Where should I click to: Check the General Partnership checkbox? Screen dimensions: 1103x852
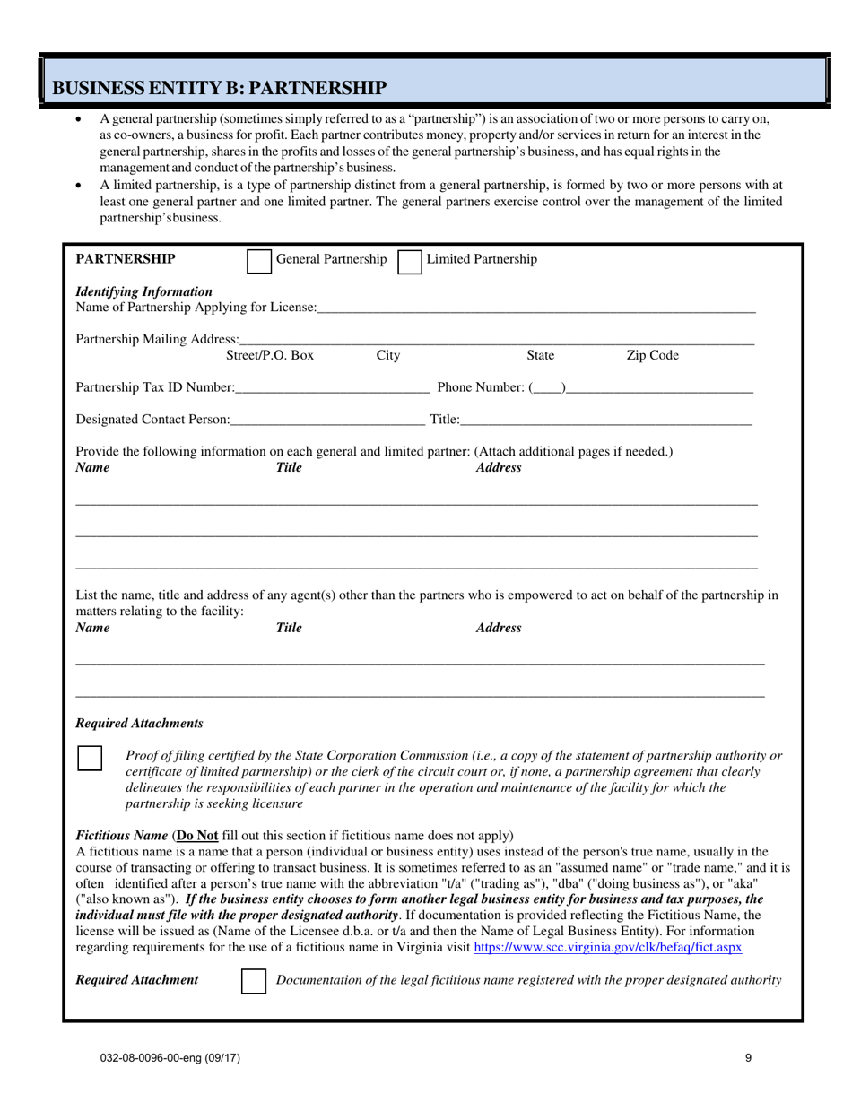tap(258, 261)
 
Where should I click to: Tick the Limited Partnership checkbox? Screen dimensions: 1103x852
tap(409, 261)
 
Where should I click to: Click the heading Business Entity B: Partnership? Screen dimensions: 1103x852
tap(220, 87)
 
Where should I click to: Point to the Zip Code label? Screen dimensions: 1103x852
tap(652, 356)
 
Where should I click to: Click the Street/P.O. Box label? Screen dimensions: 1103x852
tap(270, 356)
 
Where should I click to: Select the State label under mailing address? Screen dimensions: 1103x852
tap(540, 356)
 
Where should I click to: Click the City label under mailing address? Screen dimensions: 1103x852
tap(387, 356)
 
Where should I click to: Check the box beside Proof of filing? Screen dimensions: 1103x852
tap(90, 758)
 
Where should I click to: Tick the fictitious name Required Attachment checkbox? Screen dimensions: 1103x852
tap(255, 981)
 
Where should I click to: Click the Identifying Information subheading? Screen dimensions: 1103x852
tap(144, 291)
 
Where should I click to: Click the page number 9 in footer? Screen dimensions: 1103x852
tap(748, 1058)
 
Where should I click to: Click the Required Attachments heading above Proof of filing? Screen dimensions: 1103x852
tap(139, 723)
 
